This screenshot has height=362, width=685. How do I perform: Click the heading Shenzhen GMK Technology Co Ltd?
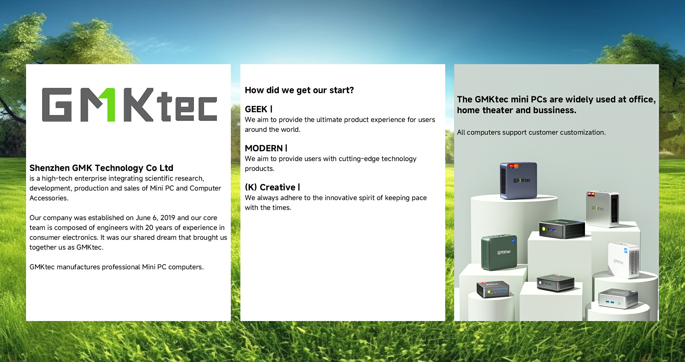[101, 168]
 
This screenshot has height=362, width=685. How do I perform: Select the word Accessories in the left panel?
[49, 198]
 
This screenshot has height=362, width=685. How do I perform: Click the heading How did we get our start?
[299, 90]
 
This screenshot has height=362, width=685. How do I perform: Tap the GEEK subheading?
[256, 109]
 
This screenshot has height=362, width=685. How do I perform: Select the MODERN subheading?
[264, 148]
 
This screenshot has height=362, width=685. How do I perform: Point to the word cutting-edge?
[359, 159]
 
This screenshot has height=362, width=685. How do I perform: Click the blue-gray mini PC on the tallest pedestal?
[519, 180]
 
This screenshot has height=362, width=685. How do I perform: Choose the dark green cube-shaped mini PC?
[499, 252]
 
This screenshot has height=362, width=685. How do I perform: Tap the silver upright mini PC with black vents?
[602, 209]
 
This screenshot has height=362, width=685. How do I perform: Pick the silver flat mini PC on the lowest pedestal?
[617, 298]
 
